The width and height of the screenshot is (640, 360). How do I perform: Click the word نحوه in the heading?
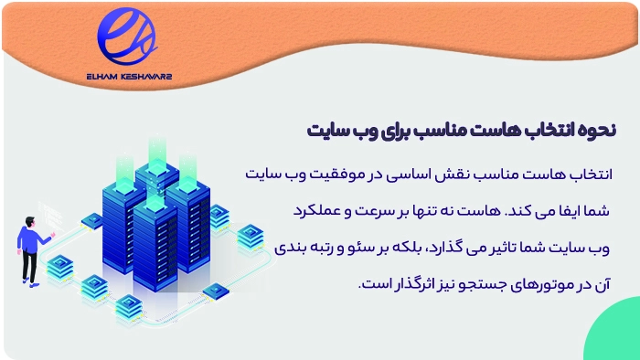click(598, 129)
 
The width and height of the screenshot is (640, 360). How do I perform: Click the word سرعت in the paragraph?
click(343, 209)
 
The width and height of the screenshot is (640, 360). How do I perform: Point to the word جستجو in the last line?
click(474, 283)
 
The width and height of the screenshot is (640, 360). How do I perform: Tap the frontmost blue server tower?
click(155, 242)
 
